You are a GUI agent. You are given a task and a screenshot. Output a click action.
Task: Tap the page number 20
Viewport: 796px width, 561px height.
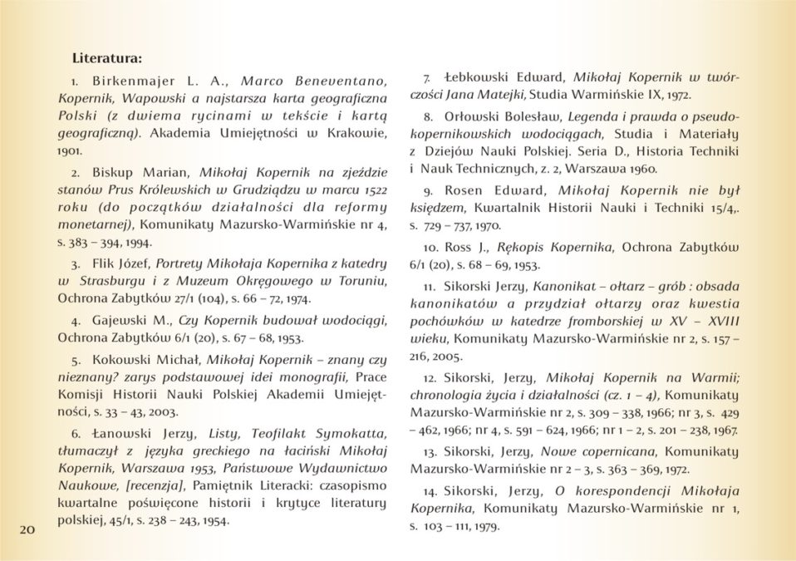[27, 529]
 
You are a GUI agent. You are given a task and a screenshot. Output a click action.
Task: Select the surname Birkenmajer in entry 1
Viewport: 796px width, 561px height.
[130, 81]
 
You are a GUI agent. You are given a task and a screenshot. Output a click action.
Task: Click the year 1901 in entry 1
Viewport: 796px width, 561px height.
[70, 152]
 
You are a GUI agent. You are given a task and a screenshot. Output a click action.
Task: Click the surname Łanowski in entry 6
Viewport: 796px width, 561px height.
[124, 433]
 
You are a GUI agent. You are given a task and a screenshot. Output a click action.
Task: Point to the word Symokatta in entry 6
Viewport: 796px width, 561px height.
[348, 433]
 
